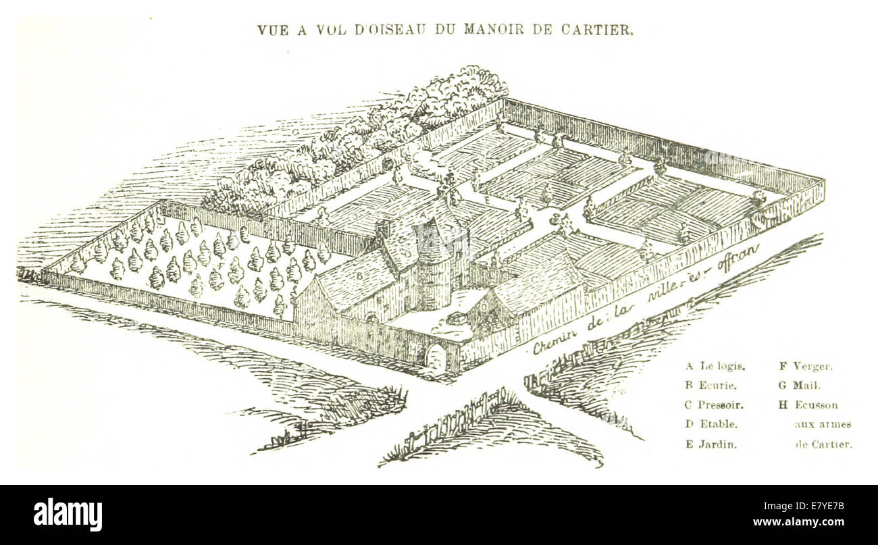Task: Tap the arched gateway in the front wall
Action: coord(436,357)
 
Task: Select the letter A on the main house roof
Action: coord(422,216)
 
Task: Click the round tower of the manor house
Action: coord(433,270)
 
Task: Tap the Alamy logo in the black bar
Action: coord(68,515)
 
